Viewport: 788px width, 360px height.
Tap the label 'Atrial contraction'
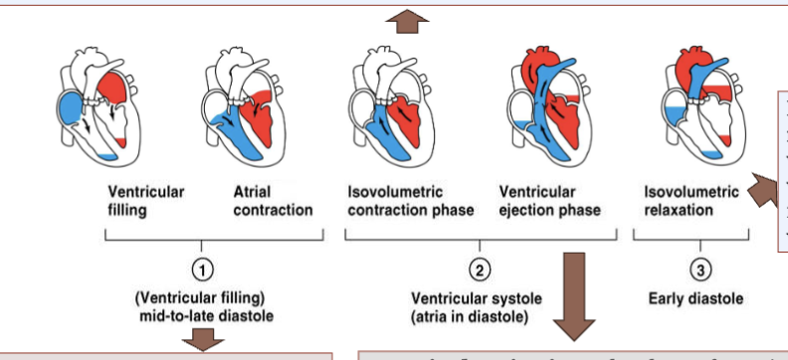click(272, 201)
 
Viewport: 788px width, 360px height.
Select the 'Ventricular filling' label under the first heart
click(146, 201)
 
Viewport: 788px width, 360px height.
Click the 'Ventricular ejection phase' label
click(550, 201)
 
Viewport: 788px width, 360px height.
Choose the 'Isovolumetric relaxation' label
click(691, 201)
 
